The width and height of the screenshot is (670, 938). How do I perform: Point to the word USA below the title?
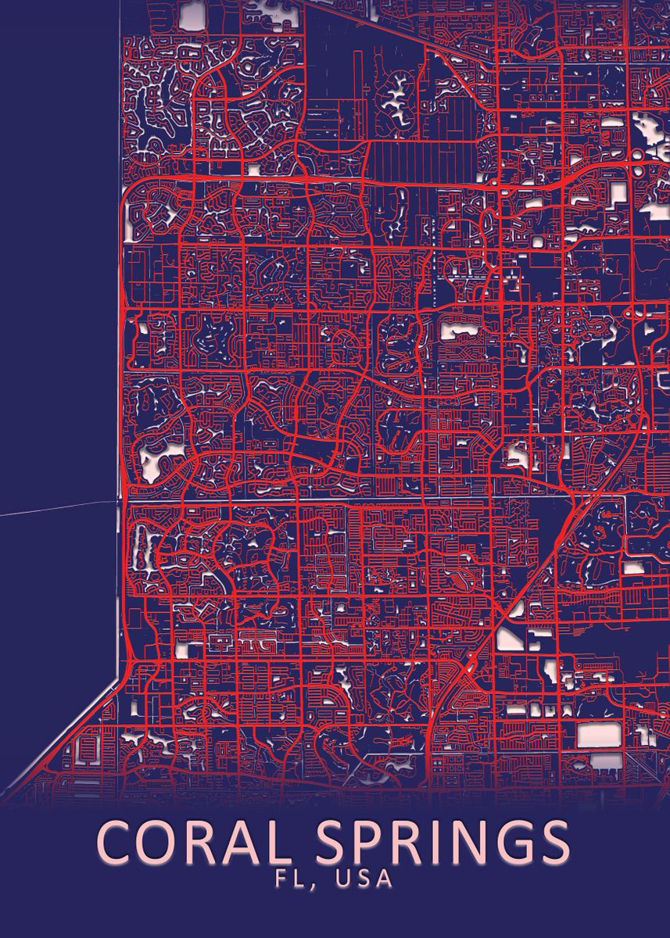(x=364, y=878)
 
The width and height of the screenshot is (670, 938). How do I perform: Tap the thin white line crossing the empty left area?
(x=55, y=508)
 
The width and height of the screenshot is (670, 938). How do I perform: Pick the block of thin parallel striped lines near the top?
(x=422, y=161)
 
